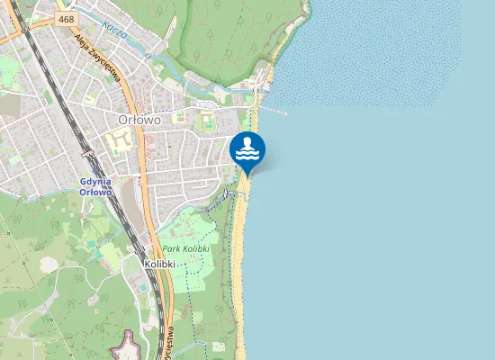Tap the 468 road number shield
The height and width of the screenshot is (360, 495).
65,18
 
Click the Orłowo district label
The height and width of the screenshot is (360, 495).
139,119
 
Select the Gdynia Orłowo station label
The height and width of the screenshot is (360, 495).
95,186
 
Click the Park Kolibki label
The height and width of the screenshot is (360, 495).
185,247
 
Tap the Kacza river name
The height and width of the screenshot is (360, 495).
114,31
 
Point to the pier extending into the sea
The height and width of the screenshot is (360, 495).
274,111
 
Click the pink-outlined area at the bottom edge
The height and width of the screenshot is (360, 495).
129,346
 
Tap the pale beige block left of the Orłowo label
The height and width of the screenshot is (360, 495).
118,141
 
